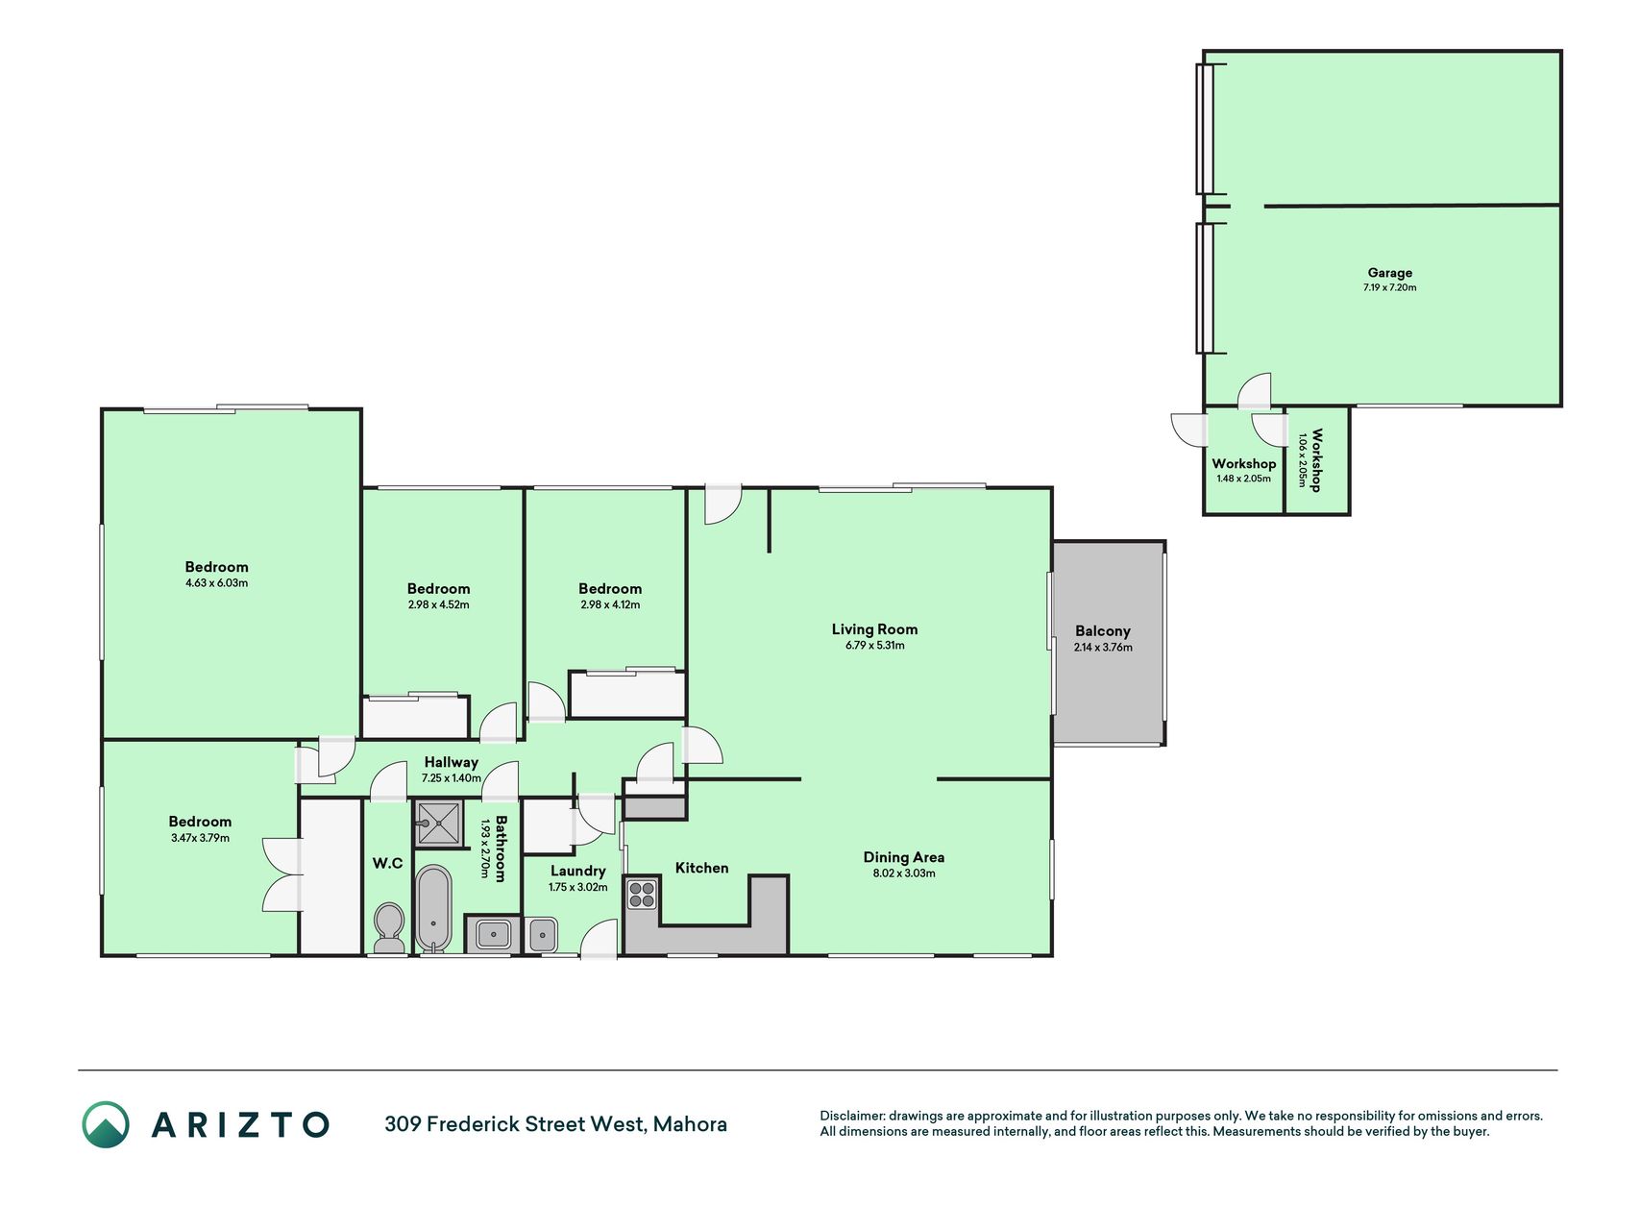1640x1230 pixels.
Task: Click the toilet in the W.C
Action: tap(389, 927)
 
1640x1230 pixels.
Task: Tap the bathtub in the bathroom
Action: tap(433, 908)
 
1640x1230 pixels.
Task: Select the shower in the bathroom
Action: tap(439, 823)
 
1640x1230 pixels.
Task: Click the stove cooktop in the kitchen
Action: tap(642, 895)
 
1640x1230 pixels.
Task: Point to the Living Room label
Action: tap(874, 629)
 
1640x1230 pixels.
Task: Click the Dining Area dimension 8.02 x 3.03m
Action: tap(903, 873)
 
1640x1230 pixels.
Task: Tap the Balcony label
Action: tap(1103, 631)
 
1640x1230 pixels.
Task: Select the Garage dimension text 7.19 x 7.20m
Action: tap(1389, 287)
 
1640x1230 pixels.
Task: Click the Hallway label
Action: tap(451, 762)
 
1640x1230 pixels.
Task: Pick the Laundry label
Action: tap(578, 872)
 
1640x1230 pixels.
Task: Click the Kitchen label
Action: tap(702, 868)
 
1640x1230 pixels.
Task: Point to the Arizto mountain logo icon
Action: tap(106, 1124)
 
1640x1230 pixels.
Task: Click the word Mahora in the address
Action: tap(690, 1124)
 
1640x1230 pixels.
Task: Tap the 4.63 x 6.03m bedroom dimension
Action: tap(217, 582)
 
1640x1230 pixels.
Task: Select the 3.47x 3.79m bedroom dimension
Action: tap(200, 838)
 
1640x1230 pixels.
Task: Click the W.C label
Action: tap(388, 863)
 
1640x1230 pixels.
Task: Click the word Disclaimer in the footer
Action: tap(852, 1116)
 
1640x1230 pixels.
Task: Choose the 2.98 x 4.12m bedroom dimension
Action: tap(610, 604)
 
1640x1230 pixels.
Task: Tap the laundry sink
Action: tap(542, 934)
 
